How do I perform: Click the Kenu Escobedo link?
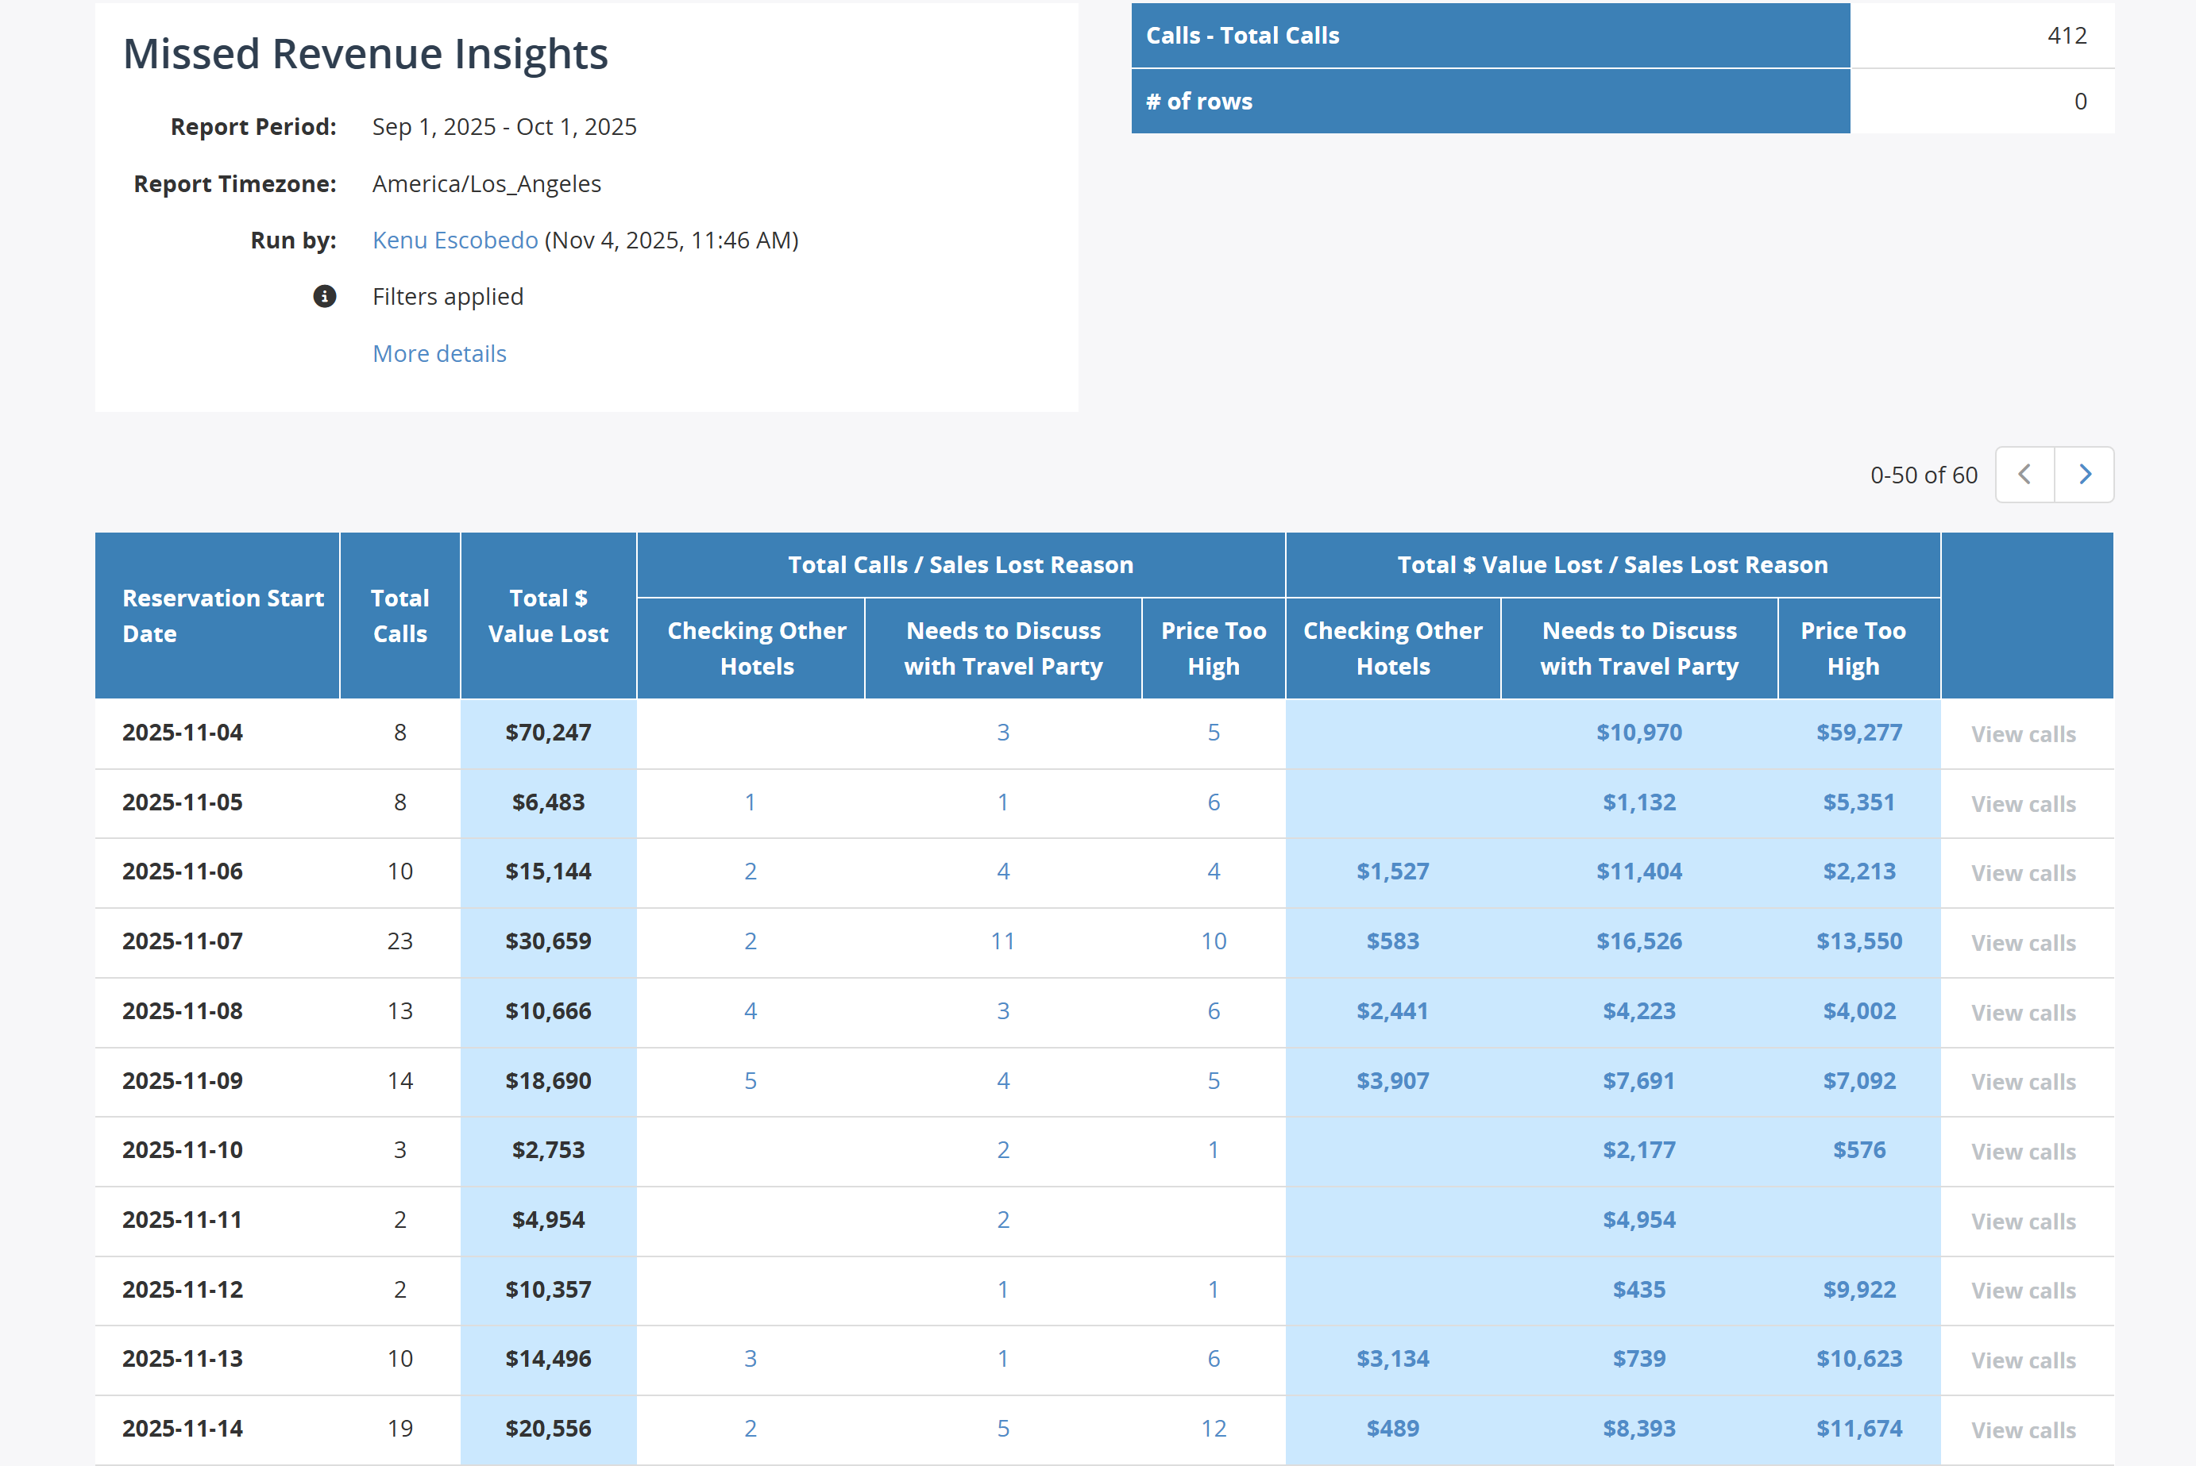pos(454,240)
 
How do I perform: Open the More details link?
pos(438,353)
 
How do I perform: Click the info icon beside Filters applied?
pos(325,296)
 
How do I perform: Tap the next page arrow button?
pos(2084,475)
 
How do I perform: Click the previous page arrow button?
pos(2024,475)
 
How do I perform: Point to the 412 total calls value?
pos(2066,36)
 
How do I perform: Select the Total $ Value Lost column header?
pos(548,615)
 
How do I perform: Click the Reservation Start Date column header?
pos(222,615)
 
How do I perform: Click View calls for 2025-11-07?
pos(2023,942)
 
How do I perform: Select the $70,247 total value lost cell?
pos(548,732)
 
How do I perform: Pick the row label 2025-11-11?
pos(183,1219)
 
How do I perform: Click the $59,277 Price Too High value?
pos(1858,732)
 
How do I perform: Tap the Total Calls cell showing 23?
pos(399,941)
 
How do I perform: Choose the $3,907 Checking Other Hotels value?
pos(1392,1081)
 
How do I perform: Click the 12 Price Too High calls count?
pos(1213,1429)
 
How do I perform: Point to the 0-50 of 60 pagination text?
pos(1923,475)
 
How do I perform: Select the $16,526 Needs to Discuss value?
pos(1638,941)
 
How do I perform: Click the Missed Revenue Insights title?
pos(365,54)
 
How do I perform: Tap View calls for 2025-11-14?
pos(2023,1430)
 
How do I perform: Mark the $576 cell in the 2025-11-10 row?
pos(1858,1150)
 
